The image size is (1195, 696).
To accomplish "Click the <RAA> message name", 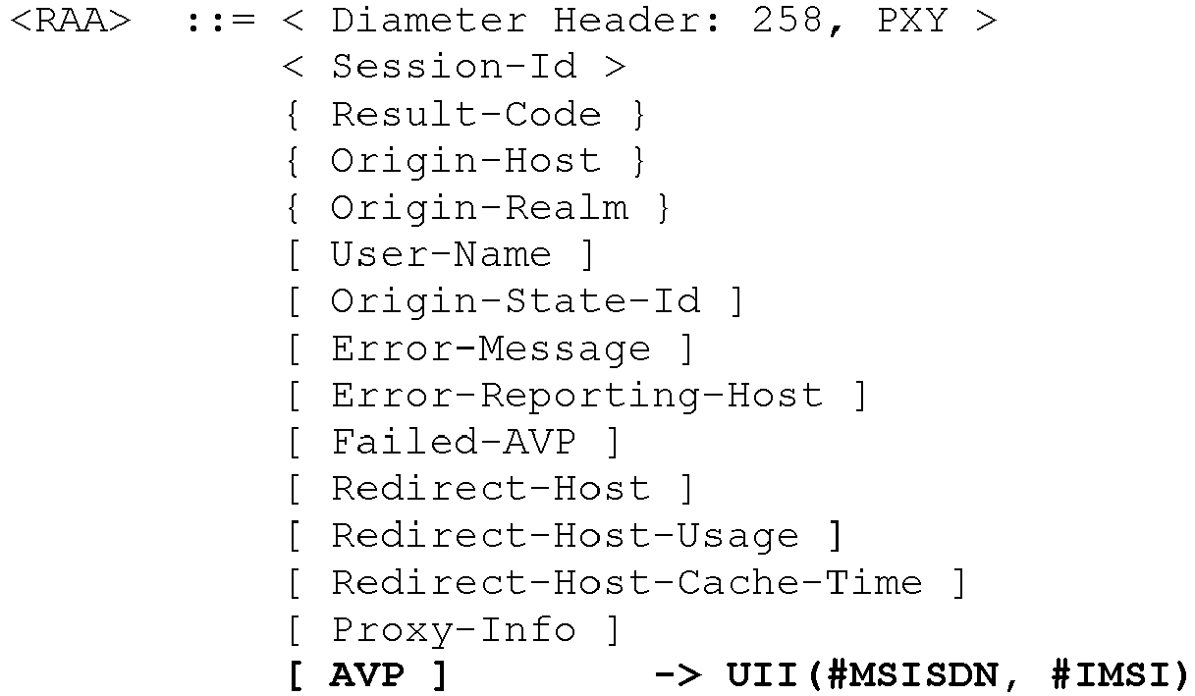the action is click(x=71, y=22).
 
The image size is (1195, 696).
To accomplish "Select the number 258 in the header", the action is click(x=787, y=21).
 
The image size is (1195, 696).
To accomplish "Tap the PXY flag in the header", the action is click(x=912, y=21).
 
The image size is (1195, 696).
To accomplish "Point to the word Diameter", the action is click(x=429, y=21).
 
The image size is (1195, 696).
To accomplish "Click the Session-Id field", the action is click(x=455, y=66).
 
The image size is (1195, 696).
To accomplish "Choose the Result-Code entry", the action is click(x=466, y=114).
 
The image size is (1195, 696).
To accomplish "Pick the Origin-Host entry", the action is click(x=465, y=161).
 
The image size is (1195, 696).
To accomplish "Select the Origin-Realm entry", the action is click(x=479, y=207).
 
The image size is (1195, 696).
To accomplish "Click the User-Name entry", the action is click(x=441, y=254).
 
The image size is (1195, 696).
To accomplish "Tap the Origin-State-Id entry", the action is click(x=516, y=301).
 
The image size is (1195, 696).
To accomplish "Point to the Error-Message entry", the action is click(x=491, y=348).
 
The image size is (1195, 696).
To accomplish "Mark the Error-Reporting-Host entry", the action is click(x=577, y=396).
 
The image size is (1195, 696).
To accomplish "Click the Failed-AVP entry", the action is click(x=454, y=442).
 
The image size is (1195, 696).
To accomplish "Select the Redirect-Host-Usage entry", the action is click(x=565, y=535).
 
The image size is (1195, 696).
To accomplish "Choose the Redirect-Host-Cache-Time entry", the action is click(x=626, y=582).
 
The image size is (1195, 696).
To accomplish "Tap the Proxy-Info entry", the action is click(x=454, y=629).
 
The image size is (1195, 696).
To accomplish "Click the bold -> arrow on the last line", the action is click(x=678, y=674).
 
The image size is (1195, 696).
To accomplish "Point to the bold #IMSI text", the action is click(x=1111, y=674).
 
